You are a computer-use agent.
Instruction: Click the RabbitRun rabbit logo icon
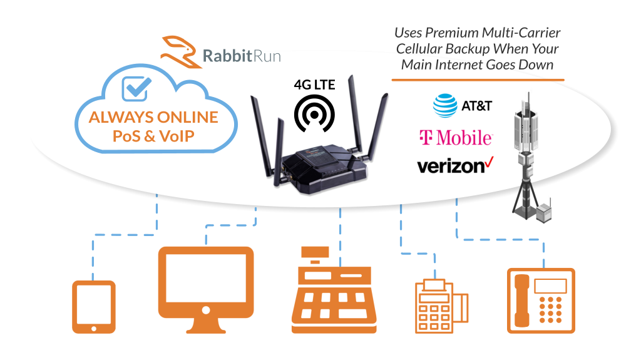[x=180, y=50]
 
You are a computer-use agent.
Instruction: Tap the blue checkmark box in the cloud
[x=135, y=89]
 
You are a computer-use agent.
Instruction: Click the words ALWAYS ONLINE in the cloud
[x=153, y=117]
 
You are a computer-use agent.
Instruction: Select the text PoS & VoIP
[x=153, y=135]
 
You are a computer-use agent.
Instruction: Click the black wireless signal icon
[x=315, y=113]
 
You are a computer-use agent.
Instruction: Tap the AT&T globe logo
[x=445, y=105]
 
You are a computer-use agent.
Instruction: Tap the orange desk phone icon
[x=540, y=300]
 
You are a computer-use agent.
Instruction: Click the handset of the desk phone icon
[x=520, y=299]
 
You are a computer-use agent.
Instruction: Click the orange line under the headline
[x=478, y=80]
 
